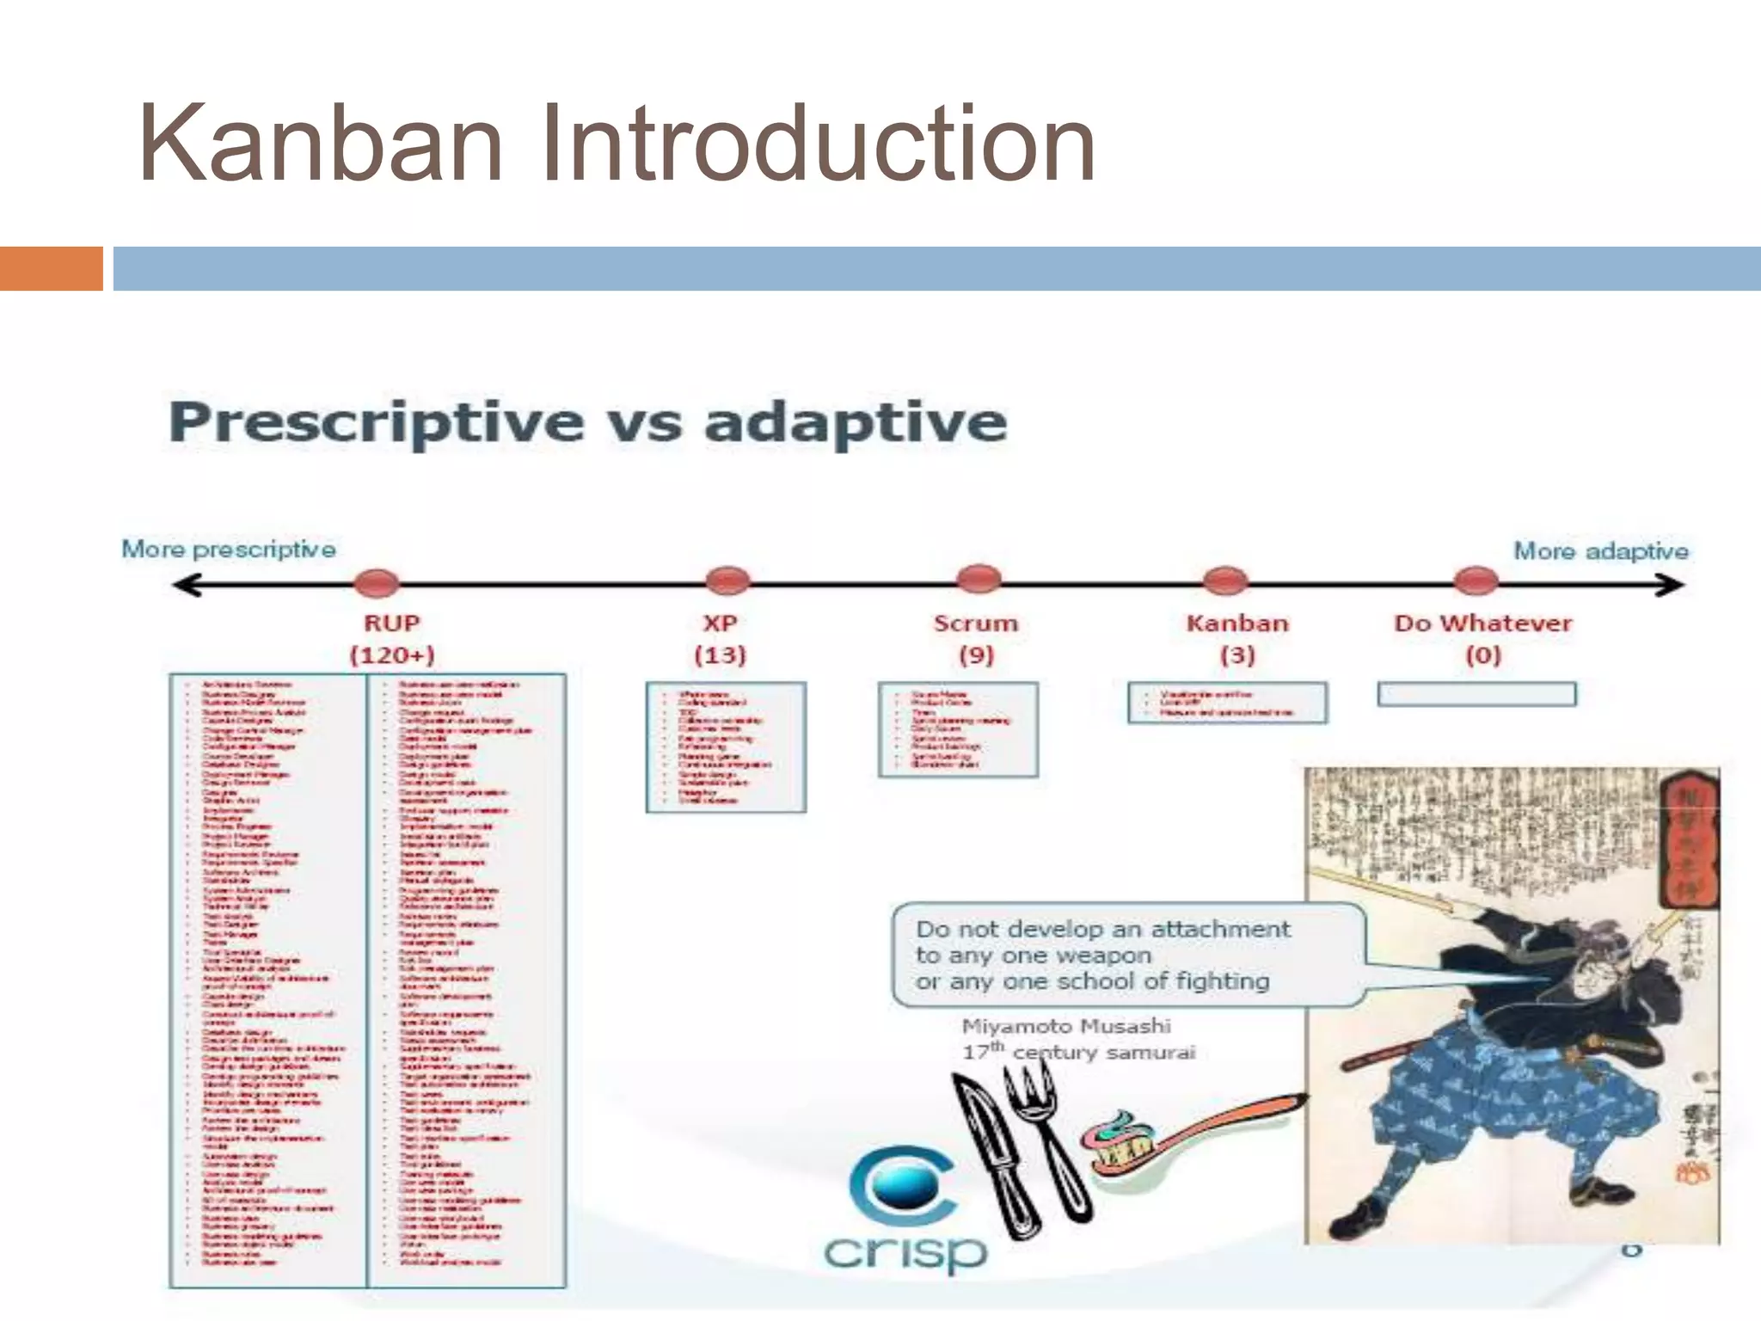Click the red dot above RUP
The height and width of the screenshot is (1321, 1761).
[377, 582]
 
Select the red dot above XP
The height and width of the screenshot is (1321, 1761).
[727, 581]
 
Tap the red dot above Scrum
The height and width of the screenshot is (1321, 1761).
[979, 579]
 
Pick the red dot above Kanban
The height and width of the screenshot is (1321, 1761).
[1225, 581]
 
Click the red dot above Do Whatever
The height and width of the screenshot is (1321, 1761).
[1476, 581]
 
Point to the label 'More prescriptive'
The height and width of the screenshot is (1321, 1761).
[229, 549]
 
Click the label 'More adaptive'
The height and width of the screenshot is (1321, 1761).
[1600, 550]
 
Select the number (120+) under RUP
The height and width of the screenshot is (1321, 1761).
[392, 655]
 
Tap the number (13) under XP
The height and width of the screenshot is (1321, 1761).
[720, 655]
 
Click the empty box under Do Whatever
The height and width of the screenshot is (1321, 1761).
[1476, 694]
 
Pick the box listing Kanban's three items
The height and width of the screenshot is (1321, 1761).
[1227, 703]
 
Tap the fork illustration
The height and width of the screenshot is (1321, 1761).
[1045, 1135]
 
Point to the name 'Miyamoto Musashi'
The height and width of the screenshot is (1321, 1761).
[1066, 1026]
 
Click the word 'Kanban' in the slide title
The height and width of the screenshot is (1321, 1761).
[320, 143]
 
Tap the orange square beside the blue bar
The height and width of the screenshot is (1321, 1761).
[51, 268]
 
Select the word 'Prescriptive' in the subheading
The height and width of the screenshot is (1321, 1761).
[377, 422]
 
